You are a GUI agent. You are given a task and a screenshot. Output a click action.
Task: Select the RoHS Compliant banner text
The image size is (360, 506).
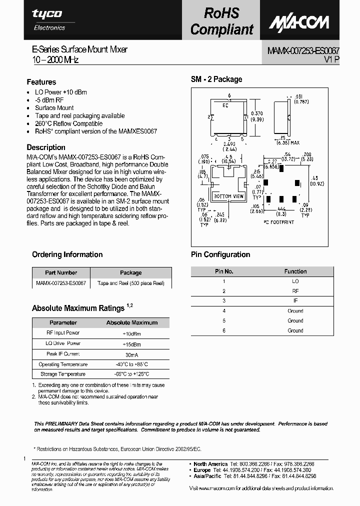222,21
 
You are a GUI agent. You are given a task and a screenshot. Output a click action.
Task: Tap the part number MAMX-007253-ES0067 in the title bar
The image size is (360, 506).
300,51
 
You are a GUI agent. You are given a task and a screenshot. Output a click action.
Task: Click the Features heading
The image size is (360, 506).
41,82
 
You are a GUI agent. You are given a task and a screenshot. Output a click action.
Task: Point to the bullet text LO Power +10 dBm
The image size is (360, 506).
60,92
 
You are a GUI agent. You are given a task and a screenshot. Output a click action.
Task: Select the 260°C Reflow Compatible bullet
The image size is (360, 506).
68,123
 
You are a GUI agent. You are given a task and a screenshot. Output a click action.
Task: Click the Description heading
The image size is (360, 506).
46,147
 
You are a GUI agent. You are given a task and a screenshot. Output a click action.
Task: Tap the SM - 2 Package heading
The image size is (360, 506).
216,79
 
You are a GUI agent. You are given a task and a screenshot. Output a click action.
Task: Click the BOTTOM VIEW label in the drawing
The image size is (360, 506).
228,196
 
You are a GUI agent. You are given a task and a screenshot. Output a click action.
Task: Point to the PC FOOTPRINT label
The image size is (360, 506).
277,221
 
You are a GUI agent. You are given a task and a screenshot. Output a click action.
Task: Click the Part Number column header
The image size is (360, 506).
61,272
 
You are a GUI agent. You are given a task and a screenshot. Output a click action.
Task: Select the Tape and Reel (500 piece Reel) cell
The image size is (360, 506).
130,283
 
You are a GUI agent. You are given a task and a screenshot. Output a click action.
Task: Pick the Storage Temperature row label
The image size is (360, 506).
63,374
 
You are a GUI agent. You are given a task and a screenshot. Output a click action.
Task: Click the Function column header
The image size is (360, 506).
295,271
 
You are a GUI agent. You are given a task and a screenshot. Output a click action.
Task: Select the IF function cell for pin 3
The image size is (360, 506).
295,301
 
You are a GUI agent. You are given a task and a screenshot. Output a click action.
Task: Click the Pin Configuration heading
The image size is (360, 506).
220,254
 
